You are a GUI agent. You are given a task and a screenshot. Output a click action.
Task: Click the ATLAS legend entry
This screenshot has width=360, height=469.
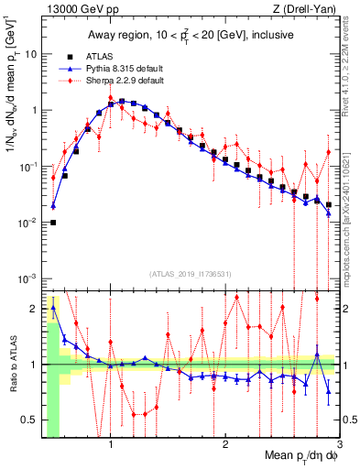point(106,56)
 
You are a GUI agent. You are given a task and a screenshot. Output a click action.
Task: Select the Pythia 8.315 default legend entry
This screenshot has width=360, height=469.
point(126,69)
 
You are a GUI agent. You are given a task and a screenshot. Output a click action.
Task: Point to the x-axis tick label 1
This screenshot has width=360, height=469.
point(111,444)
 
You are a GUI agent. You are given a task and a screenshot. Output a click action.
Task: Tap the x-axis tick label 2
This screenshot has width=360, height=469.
point(225,444)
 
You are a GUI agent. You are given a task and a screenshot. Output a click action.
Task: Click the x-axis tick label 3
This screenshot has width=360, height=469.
point(338,444)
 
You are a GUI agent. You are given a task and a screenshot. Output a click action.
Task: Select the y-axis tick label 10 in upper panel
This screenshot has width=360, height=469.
point(29,54)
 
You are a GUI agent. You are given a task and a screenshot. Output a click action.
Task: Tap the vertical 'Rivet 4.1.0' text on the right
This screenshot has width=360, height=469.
point(349,55)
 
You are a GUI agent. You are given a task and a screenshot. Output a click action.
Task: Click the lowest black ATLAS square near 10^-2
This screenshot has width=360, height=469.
point(53,223)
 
